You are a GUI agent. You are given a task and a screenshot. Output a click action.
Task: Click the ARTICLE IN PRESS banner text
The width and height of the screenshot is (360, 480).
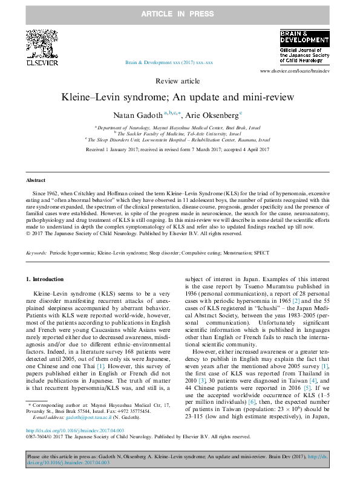tap(180, 13)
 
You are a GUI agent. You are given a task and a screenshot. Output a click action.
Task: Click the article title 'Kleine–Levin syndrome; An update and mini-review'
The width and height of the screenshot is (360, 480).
tap(179, 97)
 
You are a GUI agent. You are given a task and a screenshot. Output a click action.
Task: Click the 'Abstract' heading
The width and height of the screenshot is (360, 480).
tap(35, 180)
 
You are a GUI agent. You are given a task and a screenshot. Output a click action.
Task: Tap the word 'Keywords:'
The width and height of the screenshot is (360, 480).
tap(36, 253)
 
